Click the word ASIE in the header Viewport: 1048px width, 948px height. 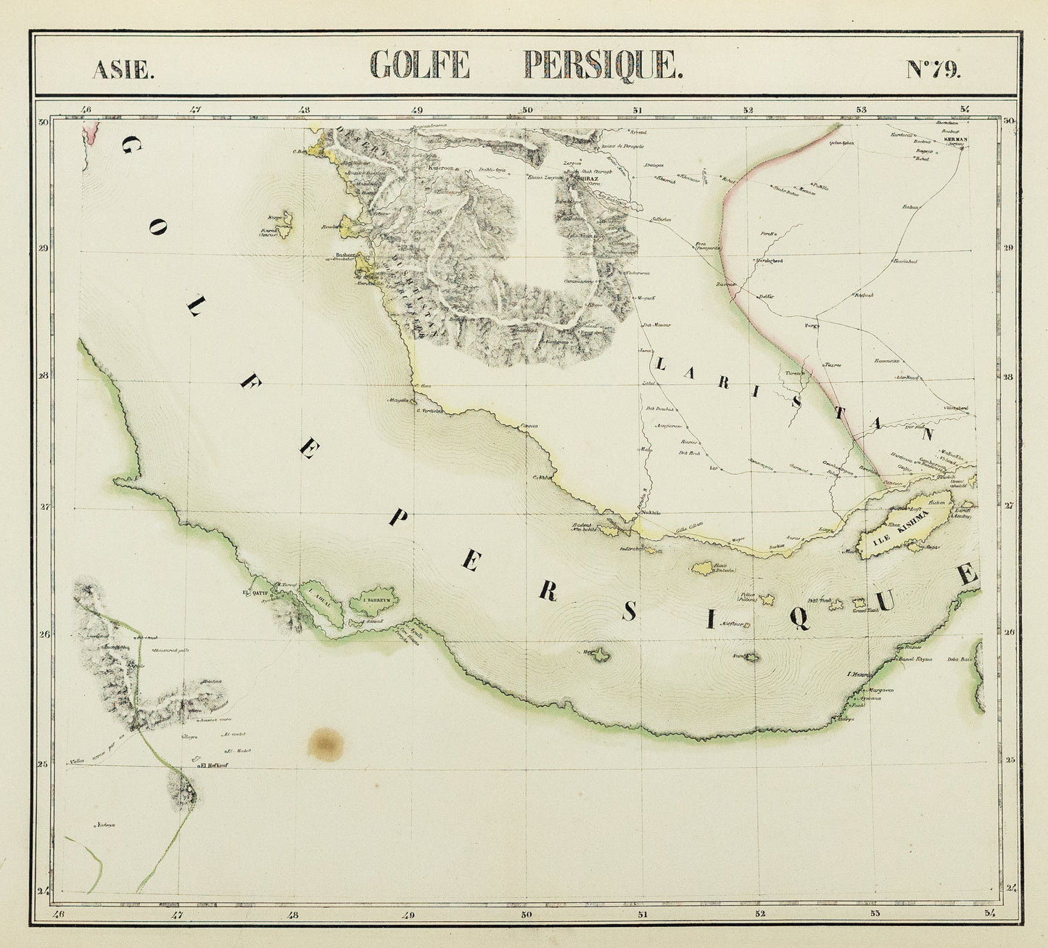pyautogui.click(x=123, y=70)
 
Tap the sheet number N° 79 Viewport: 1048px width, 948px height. pyautogui.click(x=933, y=69)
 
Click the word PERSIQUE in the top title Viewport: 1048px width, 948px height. pyautogui.click(x=603, y=65)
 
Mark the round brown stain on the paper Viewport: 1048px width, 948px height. pyautogui.click(x=326, y=743)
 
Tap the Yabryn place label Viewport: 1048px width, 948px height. pyautogui.click(x=106, y=825)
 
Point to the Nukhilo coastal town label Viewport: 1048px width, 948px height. pyautogui.click(x=651, y=512)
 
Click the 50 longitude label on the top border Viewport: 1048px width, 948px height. pyautogui.click(x=527, y=110)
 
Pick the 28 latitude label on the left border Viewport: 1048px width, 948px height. pyautogui.click(x=44, y=375)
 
